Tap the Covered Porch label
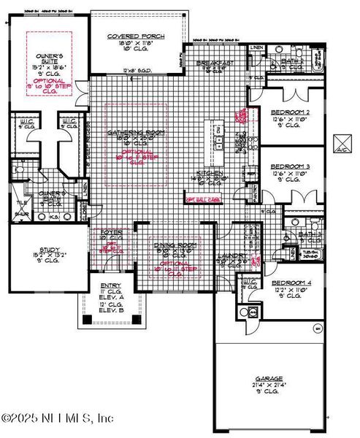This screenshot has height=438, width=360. pos(136,36)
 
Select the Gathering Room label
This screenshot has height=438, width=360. pos(136,132)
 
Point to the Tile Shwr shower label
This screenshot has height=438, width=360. pos(22,209)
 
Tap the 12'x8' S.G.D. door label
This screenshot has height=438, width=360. pos(136,71)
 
